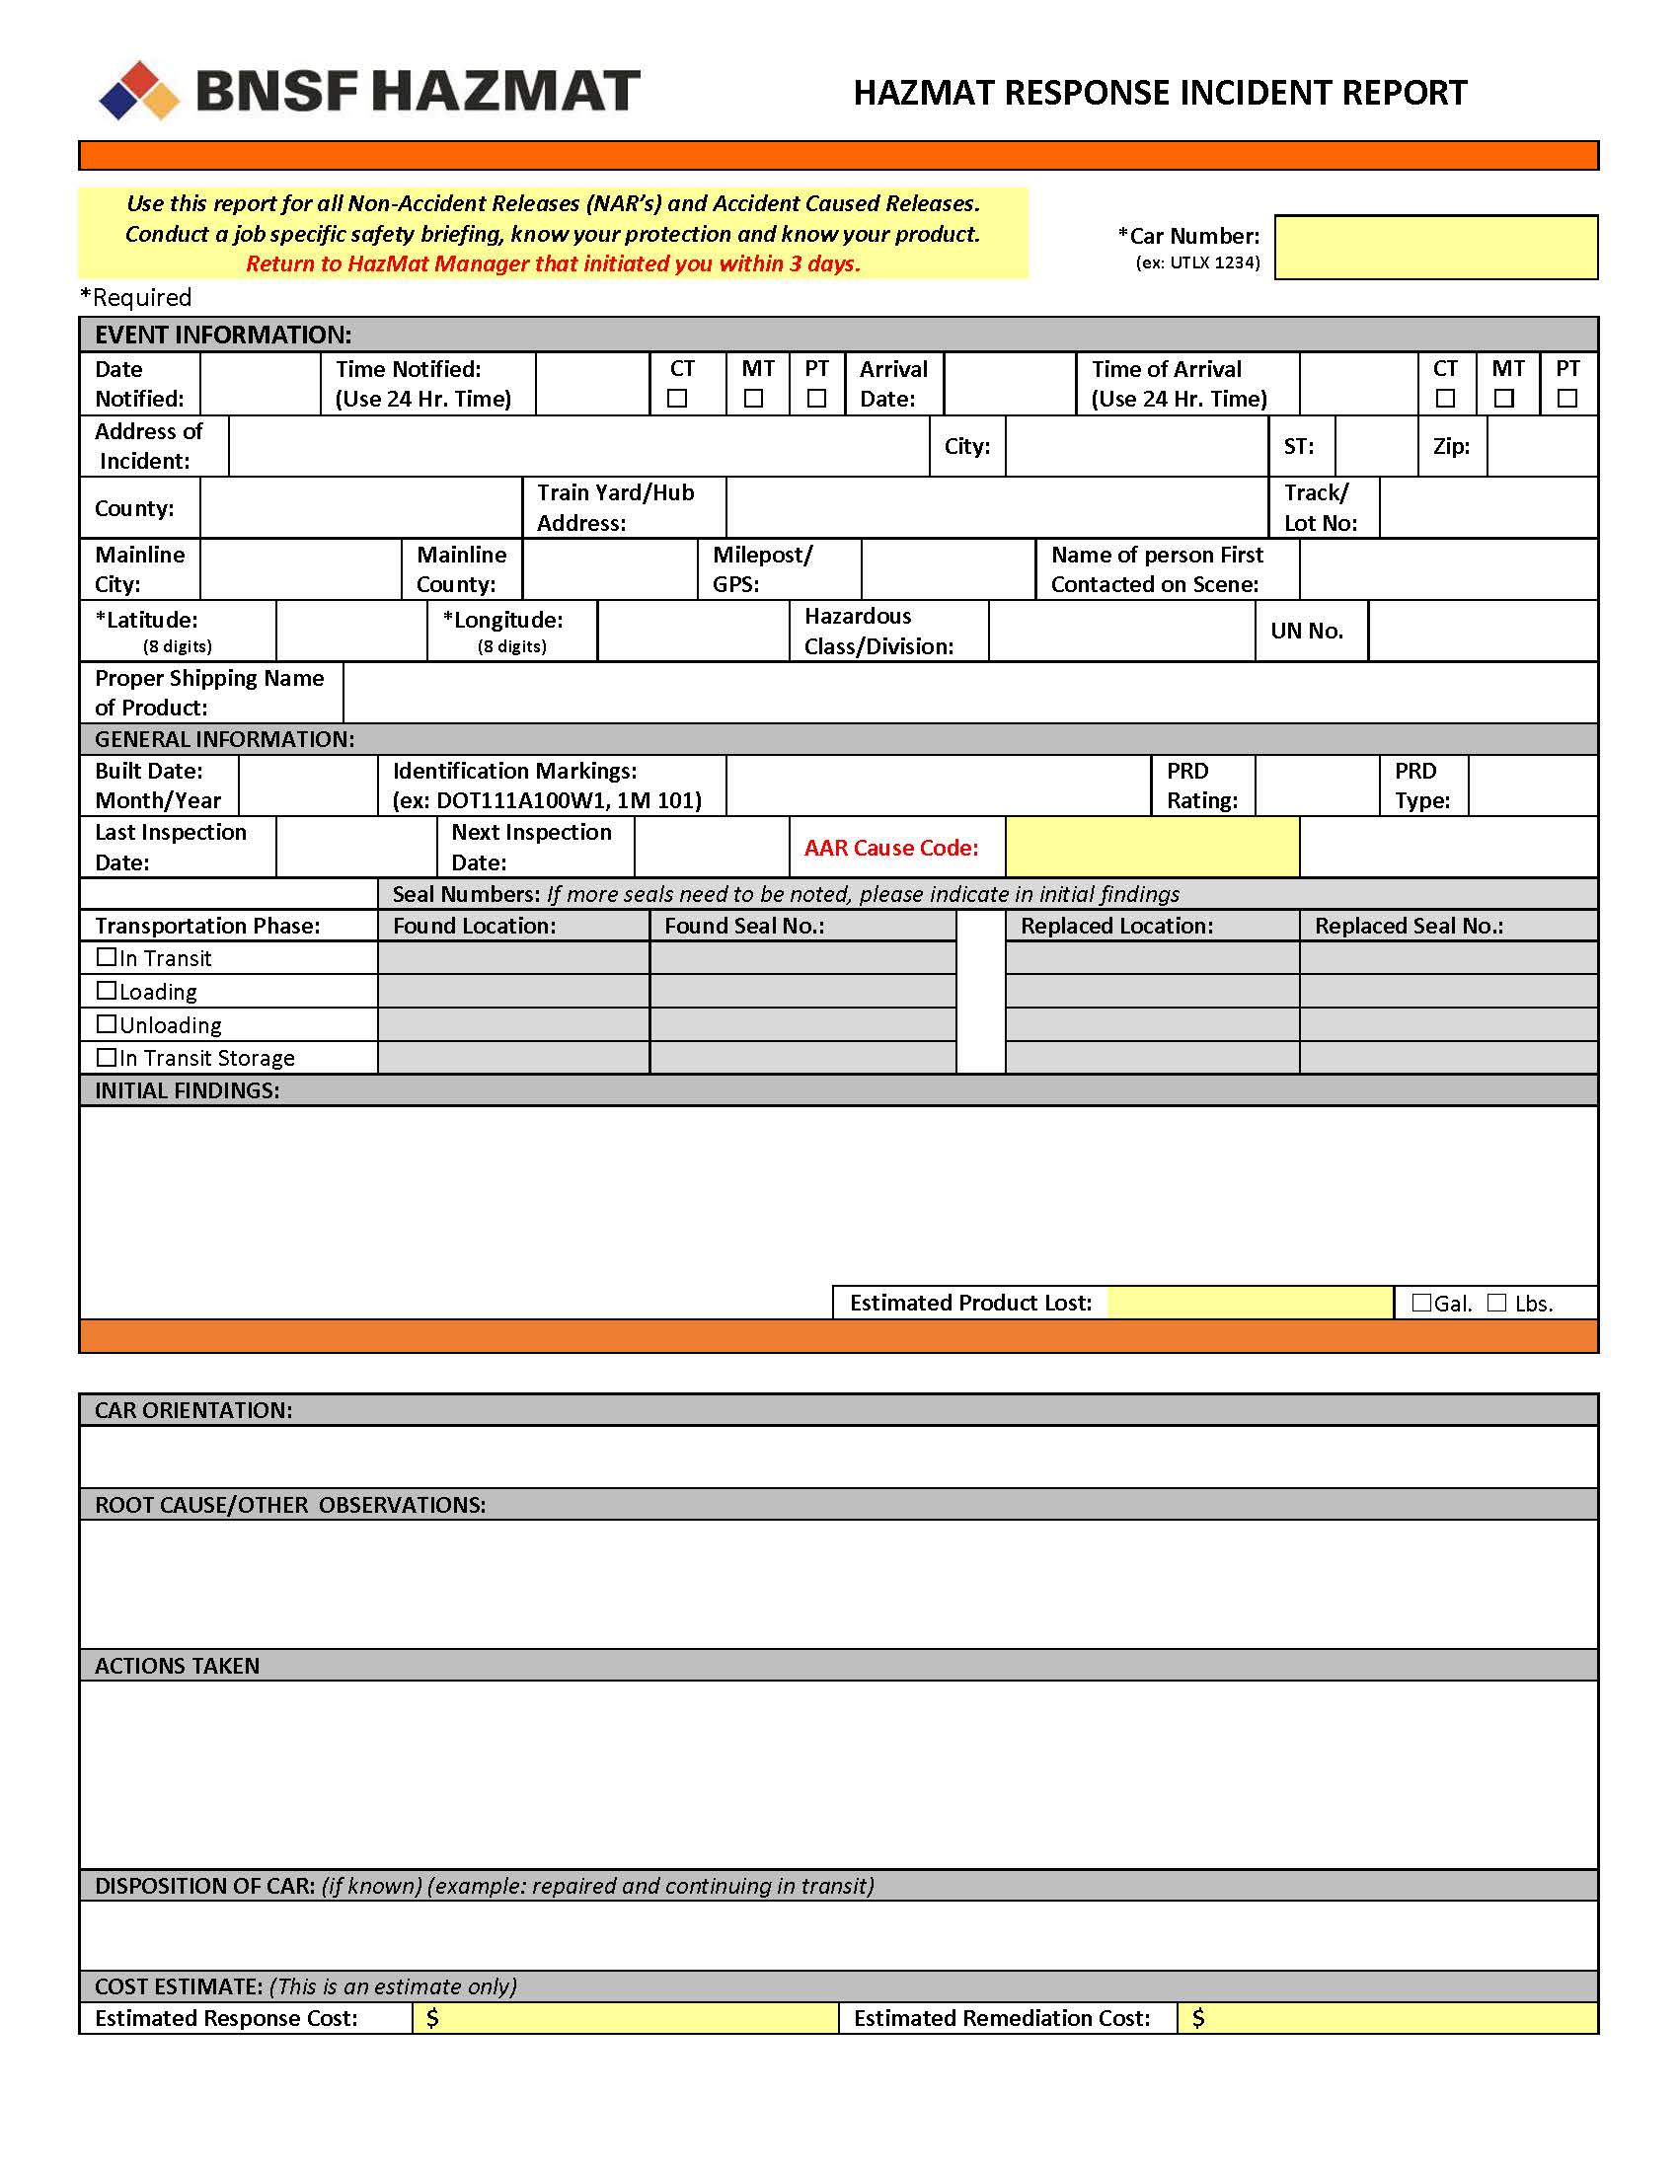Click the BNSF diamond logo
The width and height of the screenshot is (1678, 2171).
[x=139, y=91]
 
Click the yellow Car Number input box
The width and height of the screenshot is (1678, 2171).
[x=1435, y=248]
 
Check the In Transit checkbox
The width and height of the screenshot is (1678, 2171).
[x=107, y=957]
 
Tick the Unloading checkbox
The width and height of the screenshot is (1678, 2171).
[x=107, y=1024]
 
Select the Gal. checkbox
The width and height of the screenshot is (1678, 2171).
[x=1421, y=1303]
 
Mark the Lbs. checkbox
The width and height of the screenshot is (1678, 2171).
[x=1497, y=1303]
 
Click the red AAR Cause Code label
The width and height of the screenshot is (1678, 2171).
[x=890, y=848]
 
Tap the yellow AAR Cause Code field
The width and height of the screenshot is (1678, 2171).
[x=1152, y=847]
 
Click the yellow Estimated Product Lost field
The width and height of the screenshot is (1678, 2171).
[x=1250, y=1303]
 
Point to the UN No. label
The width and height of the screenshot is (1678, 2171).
[x=1306, y=632]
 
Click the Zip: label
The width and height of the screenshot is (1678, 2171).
[x=1451, y=446]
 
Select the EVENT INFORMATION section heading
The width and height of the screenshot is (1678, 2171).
[x=223, y=335]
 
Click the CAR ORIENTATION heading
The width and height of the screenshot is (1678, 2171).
[x=193, y=1410]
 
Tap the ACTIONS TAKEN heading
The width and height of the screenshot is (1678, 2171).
[x=177, y=1666]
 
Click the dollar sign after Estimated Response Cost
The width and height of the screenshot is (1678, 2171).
[x=432, y=2018]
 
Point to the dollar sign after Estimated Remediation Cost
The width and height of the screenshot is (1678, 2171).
[x=1198, y=2018]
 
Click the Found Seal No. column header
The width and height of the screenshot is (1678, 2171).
[x=744, y=927]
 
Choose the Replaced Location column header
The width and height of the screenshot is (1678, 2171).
[x=1116, y=927]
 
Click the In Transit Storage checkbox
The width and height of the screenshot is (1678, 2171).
[x=107, y=1057]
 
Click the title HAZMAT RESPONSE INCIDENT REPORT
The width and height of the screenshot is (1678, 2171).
[x=1160, y=93]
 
